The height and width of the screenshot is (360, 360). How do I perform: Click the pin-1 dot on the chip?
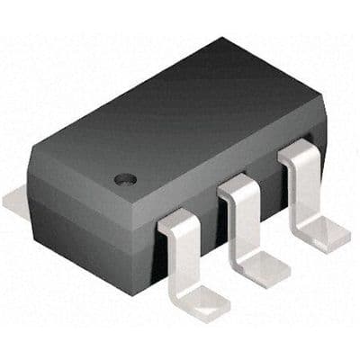pyautogui.click(x=127, y=178)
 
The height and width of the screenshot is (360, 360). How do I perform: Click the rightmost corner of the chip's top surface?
pyautogui.click(x=320, y=101)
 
